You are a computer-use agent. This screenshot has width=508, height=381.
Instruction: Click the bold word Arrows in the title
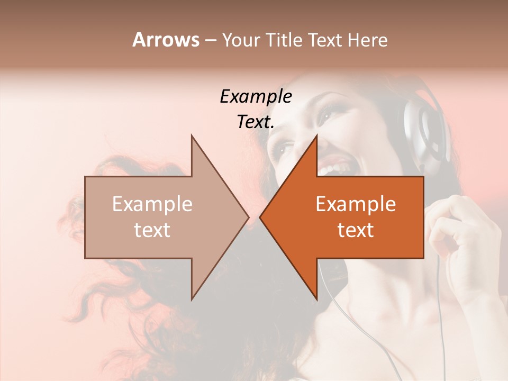pyautogui.click(x=166, y=40)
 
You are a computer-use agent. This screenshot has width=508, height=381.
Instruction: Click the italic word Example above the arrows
pyautogui.click(x=256, y=96)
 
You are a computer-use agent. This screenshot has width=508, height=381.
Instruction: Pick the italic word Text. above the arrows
pyautogui.click(x=256, y=122)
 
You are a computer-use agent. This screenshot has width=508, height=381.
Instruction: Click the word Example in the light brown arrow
pyautogui.click(x=152, y=204)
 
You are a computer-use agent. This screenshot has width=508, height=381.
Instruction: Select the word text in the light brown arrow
pyautogui.click(x=152, y=230)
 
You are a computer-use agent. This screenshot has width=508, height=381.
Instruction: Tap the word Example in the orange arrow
pyautogui.click(x=356, y=204)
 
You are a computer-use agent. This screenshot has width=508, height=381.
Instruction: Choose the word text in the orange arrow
pyautogui.click(x=356, y=230)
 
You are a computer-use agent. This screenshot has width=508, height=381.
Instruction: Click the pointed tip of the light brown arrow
pyautogui.click(x=248, y=217)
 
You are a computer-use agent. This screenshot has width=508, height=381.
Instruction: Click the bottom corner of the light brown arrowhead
pyautogui.click(x=192, y=299)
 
